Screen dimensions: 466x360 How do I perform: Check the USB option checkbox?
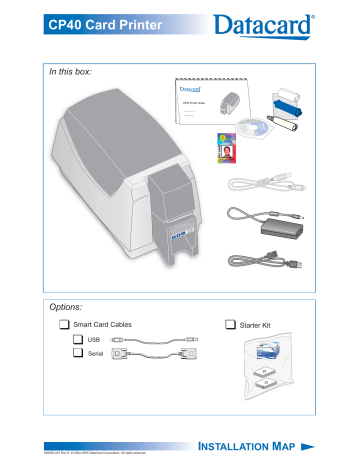click(79, 340)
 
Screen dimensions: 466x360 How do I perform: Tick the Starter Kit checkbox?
click(232, 325)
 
